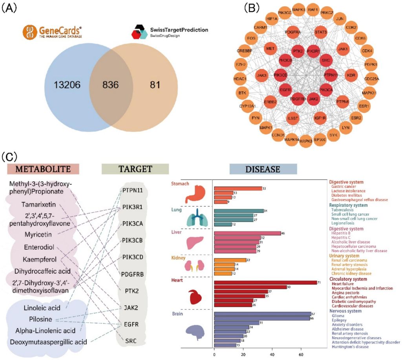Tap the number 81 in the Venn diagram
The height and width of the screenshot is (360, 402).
click(153, 84)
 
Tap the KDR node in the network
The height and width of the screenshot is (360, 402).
click(351, 75)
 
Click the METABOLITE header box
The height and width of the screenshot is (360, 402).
click(43, 169)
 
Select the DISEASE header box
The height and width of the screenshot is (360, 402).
click(263, 169)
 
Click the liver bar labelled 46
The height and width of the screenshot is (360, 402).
click(247, 233)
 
